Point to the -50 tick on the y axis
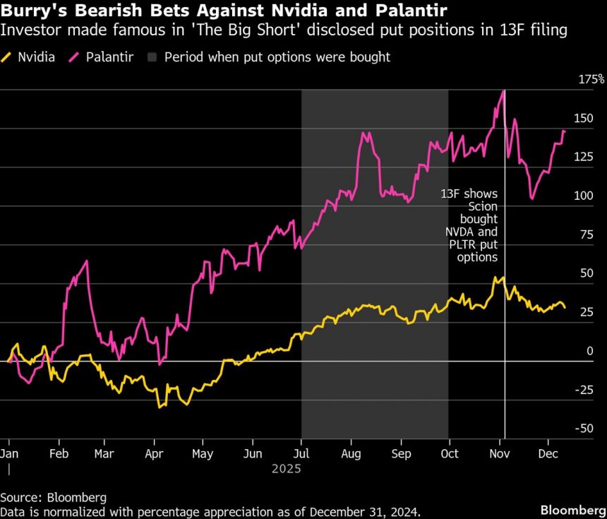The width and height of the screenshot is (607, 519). click(x=583, y=429)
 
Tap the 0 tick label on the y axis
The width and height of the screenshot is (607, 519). click(x=590, y=351)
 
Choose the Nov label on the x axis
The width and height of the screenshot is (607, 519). click(x=500, y=454)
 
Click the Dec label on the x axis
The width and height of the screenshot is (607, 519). click(x=548, y=454)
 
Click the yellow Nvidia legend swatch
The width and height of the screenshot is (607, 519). click(x=8, y=56)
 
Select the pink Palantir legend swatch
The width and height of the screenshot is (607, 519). click(x=73, y=56)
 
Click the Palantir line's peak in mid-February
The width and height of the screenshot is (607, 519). click(x=87, y=261)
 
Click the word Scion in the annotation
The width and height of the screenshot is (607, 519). click(x=483, y=206)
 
